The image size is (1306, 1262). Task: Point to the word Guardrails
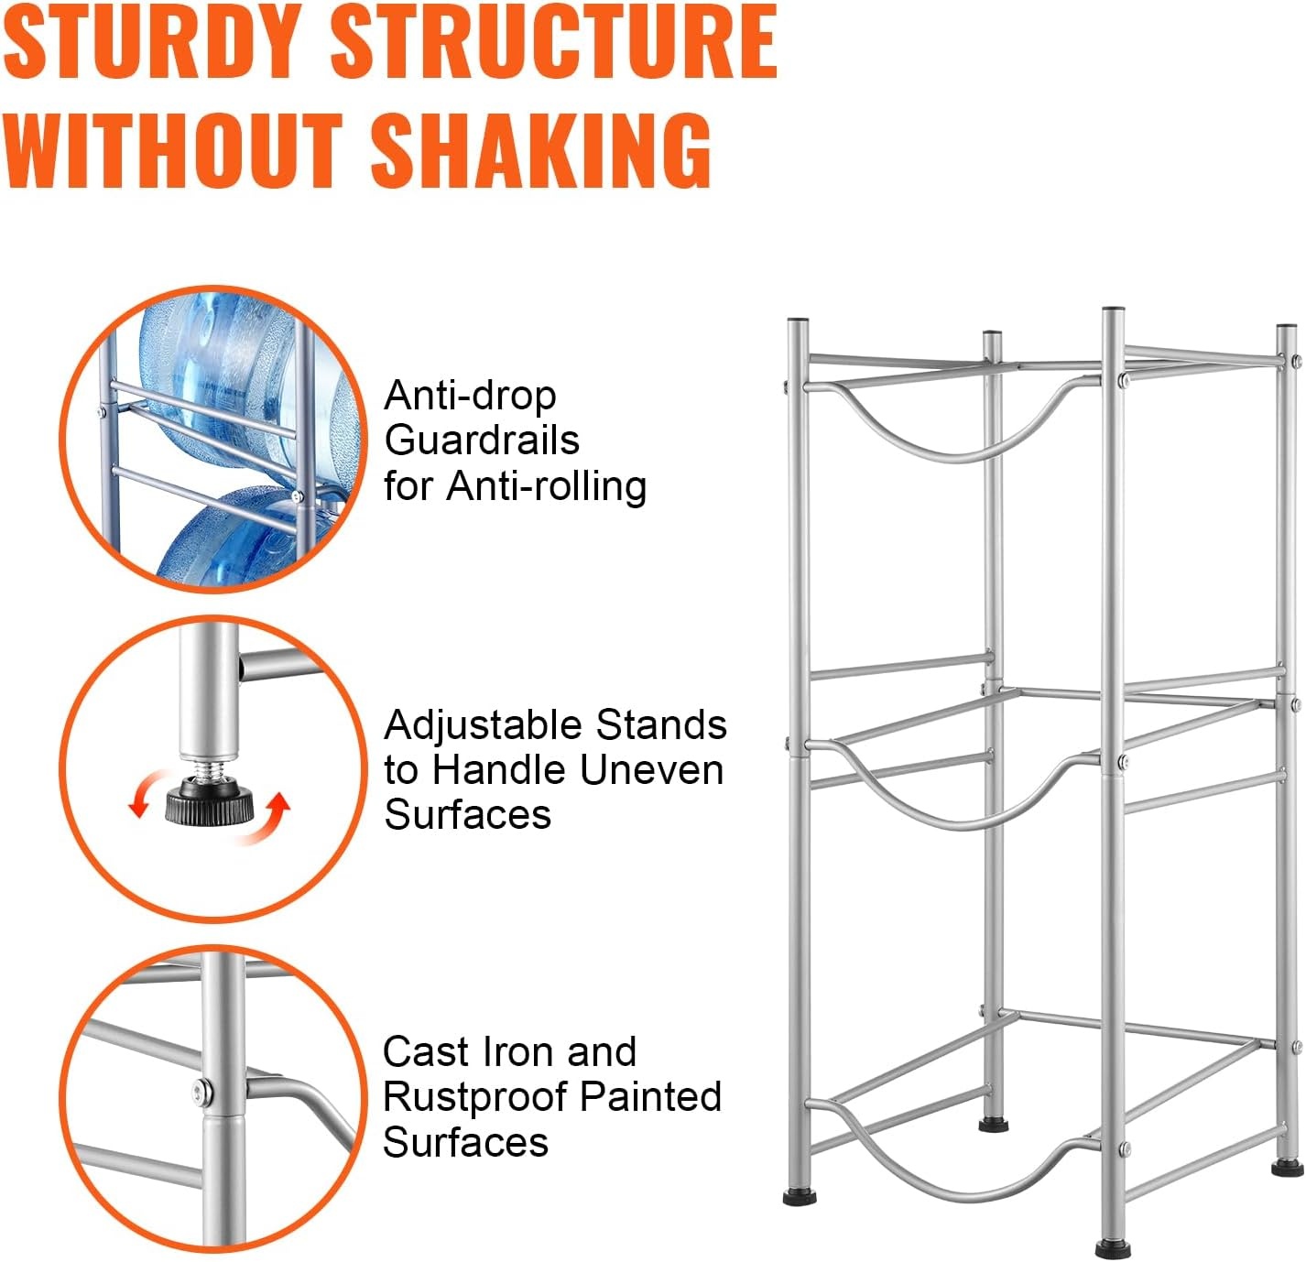[482, 441]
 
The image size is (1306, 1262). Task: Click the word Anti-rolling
[546, 486]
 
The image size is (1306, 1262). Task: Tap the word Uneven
[651, 769]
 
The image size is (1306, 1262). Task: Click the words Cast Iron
[463, 1052]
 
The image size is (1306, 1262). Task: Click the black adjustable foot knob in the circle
[210, 802]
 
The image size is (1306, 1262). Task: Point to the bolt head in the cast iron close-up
[201, 1093]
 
